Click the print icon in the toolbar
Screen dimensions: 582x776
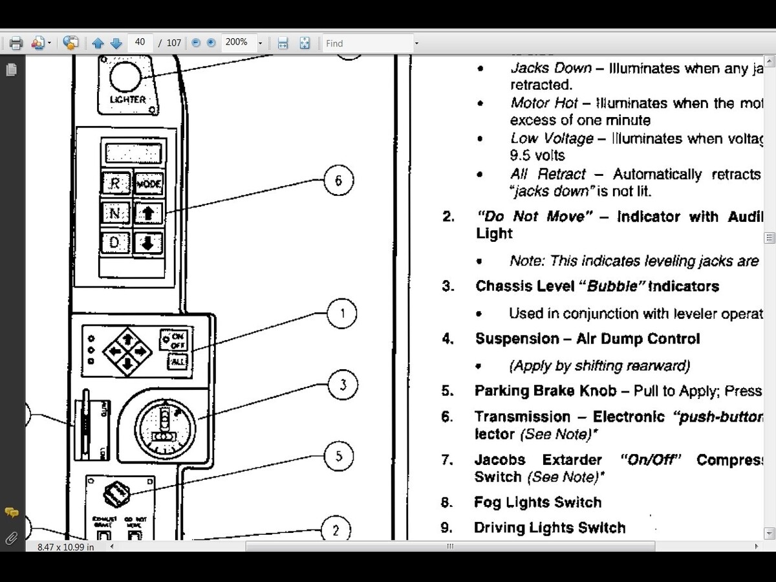[x=16, y=43]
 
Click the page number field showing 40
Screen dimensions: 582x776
[x=140, y=43]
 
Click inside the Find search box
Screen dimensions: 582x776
[x=367, y=43]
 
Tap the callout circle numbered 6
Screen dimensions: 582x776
[x=338, y=180]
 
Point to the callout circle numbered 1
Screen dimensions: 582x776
[x=342, y=314]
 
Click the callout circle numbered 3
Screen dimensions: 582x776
[x=342, y=385]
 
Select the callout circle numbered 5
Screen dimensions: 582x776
[x=339, y=457]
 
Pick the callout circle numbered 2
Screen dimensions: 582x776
[x=336, y=531]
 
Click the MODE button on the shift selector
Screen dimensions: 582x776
[x=149, y=184]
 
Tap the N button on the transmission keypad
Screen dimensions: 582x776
[x=115, y=213]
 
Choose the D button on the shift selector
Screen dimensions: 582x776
[x=115, y=243]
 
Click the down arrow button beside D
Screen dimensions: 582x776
[x=148, y=243]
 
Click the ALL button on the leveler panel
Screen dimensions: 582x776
[x=177, y=362]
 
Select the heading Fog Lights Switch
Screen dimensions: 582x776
[x=537, y=502]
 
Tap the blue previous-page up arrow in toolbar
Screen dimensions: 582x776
[x=98, y=43]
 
